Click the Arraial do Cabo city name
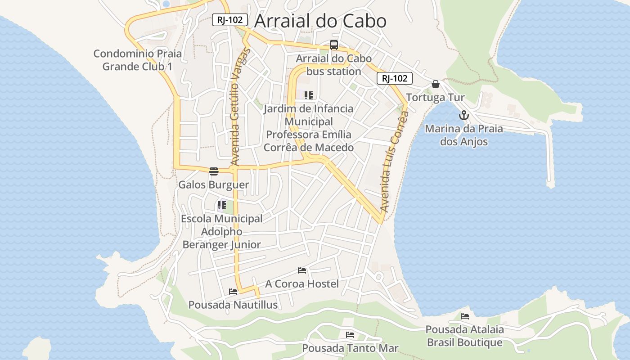tap(320, 21)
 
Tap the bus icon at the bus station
tap(333, 45)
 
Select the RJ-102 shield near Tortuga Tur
tap(394, 78)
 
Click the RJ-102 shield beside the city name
tap(229, 20)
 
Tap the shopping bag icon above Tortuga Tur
tap(435, 84)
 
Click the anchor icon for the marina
tap(464, 115)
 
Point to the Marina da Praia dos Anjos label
tap(464, 135)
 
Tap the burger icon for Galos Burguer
tap(213, 171)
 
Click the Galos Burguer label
tap(213, 184)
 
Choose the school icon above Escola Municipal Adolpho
tap(221, 205)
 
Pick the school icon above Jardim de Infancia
tap(308, 95)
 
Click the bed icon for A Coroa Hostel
tap(302, 270)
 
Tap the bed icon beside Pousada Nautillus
tap(233, 292)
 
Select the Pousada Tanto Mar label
tap(350, 348)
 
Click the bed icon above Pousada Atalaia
tap(464, 316)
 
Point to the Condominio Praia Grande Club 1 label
tap(137, 60)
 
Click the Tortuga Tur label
tap(435, 98)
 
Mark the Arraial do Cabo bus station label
tap(333, 65)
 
